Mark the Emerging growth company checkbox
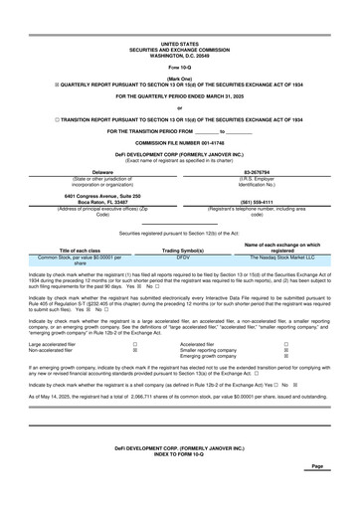[x=315, y=357]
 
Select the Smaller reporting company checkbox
[x=315, y=351]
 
